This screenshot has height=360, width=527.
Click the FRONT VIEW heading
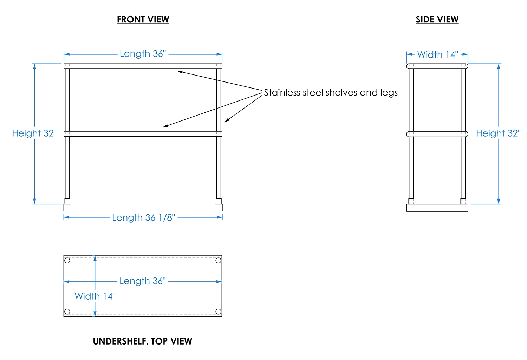tap(143, 20)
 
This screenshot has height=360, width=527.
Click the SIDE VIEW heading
tap(437, 20)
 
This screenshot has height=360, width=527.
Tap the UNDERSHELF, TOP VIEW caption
tap(142, 341)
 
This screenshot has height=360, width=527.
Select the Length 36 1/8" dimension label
tap(143, 218)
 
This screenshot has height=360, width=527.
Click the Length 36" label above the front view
tap(143, 54)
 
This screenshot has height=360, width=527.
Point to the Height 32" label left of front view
tap(34, 133)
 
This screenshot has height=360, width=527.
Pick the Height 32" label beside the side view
tap(498, 133)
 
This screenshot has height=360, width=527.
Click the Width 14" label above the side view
tap(438, 55)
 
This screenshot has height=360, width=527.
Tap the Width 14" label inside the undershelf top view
tap(95, 296)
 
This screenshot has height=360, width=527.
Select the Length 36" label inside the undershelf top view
tap(142, 281)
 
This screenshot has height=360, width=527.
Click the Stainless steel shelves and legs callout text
tap(331, 93)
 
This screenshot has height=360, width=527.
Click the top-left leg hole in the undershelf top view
tap(67, 261)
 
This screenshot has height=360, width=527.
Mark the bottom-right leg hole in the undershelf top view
tap(218, 312)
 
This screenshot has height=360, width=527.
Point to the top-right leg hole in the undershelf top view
tap(218, 260)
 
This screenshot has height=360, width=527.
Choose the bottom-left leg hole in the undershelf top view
tap(67, 312)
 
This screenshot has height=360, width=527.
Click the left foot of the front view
tap(67, 201)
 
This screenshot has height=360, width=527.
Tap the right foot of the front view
tap(219, 201)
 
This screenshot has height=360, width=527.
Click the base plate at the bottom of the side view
tap(437, 208)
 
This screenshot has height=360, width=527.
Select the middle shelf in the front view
tap(143, 134)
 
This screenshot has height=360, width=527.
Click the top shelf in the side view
tap(437, 66)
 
